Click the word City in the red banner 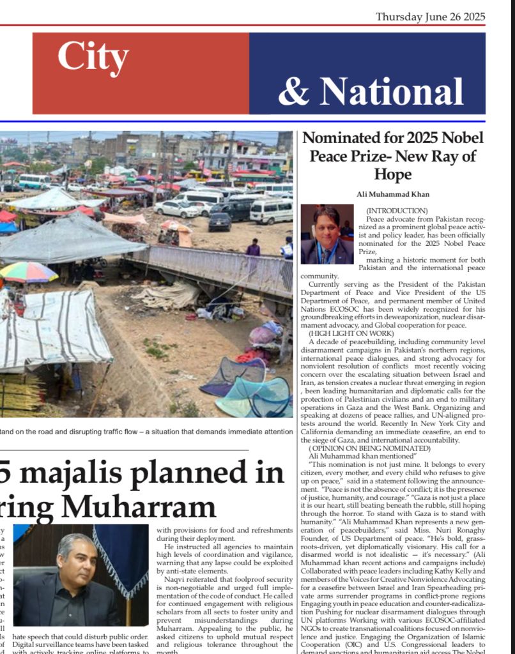click(93, 57)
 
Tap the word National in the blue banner click(380, 91)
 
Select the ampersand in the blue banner click(293, 91)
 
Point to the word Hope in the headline click(392, 174)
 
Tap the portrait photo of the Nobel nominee click(327, 234)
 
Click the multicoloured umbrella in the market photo click(28, 272)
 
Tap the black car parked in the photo click(220, 222)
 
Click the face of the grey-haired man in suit click(77, 558)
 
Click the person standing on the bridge click(254, 248)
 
